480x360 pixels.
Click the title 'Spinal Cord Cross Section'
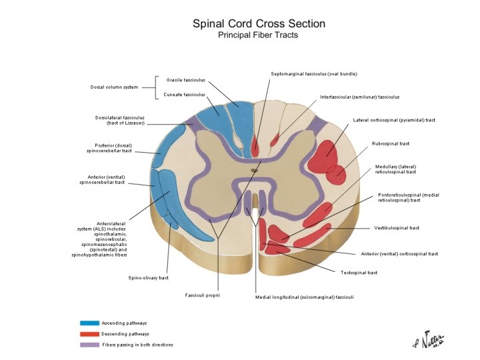(259, 24)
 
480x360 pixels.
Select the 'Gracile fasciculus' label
(185, 79)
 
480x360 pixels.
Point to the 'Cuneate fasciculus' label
(185, 95)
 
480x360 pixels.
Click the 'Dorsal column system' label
(115, 87)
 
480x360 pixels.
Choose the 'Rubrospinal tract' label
(390, 143)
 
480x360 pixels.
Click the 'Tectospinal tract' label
(359, 272)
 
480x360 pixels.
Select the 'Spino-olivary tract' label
(148, 277)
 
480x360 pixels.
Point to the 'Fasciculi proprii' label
(203, 294)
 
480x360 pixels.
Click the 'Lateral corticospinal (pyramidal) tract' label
(394, 120)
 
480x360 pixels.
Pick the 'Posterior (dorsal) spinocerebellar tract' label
(110, 148)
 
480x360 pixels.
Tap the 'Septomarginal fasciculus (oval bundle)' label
(308, 73)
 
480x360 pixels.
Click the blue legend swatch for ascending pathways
(89, 323)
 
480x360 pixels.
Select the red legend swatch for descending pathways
(89, 333)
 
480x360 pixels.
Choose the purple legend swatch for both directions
(89, 345)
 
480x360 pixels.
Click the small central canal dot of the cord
(253, 171)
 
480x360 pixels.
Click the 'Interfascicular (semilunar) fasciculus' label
(359, 97)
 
